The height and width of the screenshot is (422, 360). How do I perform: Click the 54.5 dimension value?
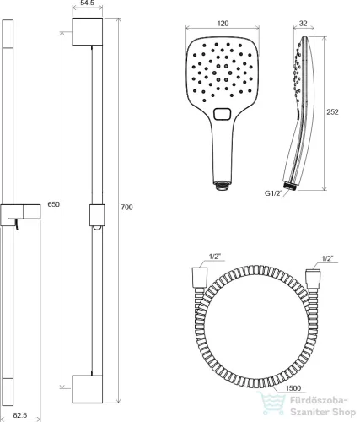pos(87,3)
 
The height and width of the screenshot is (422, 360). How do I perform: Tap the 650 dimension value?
pos(53,204)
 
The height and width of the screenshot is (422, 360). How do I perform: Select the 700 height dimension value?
pos(126,208)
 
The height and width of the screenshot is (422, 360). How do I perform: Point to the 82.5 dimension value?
pos(20,415)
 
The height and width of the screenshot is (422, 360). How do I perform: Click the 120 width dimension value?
pos(223,24)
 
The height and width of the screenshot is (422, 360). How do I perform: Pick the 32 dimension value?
pos(303,24)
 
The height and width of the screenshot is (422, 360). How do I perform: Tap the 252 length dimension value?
pos(332,112)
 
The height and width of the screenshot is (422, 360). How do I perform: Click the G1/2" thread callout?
pos(273,193)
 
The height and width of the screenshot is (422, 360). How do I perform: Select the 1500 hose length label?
pos(293,388)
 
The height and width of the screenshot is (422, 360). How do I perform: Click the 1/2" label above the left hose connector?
pos(215,257)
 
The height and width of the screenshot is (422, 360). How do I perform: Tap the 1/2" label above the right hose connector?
pos(328,258)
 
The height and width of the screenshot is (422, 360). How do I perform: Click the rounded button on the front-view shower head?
pos(223,114)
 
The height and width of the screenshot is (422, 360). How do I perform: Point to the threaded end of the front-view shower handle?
pos(222,186)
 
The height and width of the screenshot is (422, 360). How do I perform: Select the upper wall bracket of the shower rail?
pos(88,31)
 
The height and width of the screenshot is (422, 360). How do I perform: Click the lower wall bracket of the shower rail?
pos(88,389)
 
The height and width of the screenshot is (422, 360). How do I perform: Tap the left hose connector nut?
pos(200,278)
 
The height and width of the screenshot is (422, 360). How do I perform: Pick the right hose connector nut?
pos(313,279)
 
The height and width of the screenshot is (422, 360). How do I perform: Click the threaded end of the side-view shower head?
pos(290,186)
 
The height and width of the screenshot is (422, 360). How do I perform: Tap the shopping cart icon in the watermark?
pos(271,404)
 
